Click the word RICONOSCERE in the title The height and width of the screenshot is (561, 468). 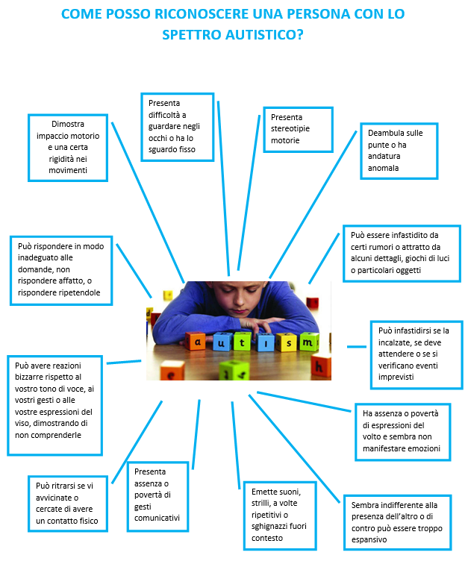tap(202, 14)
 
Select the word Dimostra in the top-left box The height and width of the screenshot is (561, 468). tap(68, 124)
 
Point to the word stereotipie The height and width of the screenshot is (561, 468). tap(290, 128)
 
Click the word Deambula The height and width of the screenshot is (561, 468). tap(384, 133)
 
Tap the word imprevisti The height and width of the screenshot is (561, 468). tap(396, 377)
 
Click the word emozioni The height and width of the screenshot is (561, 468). tap(424, 448)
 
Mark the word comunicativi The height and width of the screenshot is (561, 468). tap(157, 518)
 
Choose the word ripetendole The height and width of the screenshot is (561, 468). tap(80, 292)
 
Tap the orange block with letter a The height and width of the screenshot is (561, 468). tap(196, 342)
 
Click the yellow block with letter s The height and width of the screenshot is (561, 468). tap(287, 342)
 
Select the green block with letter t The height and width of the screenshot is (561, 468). tap(242, 342)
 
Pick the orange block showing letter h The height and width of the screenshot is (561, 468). tap(321, 366)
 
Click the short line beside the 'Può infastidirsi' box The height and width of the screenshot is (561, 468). tap(357, 347)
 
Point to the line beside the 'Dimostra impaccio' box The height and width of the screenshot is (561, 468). tap(148, 202)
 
